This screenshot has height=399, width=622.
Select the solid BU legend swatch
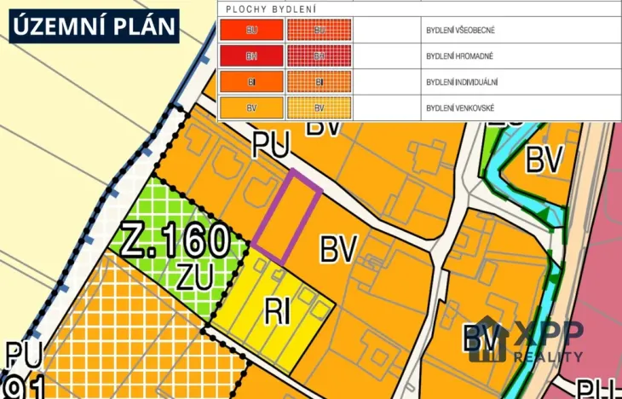[251, 30]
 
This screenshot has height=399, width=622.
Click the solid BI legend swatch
[251, 83]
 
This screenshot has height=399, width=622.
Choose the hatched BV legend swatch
[319, 108]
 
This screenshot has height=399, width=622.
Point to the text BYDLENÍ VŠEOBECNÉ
[460, 30]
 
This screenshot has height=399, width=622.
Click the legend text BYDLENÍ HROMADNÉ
[459, 56]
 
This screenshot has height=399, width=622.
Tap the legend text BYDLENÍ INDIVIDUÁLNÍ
[461, 83]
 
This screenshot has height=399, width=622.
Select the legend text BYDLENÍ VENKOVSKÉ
[459, 108]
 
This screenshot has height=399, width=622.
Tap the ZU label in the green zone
[195, 275]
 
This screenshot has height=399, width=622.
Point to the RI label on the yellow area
[278, 312]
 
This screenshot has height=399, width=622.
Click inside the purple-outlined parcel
[286, 217]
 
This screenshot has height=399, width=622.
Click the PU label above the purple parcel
[272, 144]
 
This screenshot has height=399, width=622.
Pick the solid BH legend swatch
[251, 56]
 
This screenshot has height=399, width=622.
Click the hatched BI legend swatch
[319, 83]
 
